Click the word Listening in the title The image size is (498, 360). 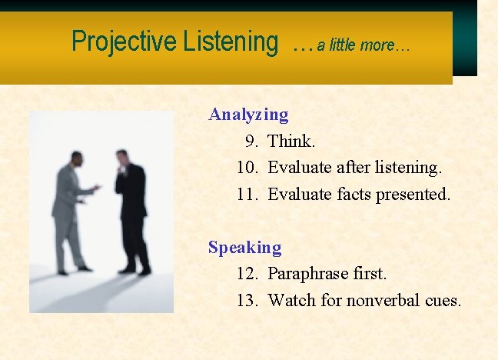click(x=231, y=42)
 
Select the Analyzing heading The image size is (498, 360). click(x=248, y=115)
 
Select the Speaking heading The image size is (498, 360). click(x=244, y=248)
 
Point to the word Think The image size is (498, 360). click(x=290, y=142)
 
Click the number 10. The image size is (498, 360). click(x=247, y=168)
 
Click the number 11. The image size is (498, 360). click(x=247, y=195)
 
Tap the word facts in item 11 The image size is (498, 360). click(x=354, y=195)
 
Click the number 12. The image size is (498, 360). click(x=247, y=274)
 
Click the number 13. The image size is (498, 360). click(x=247, y=301)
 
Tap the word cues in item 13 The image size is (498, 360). click(x=443, y=301)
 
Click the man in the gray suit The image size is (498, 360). click(x=71, y=212)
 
